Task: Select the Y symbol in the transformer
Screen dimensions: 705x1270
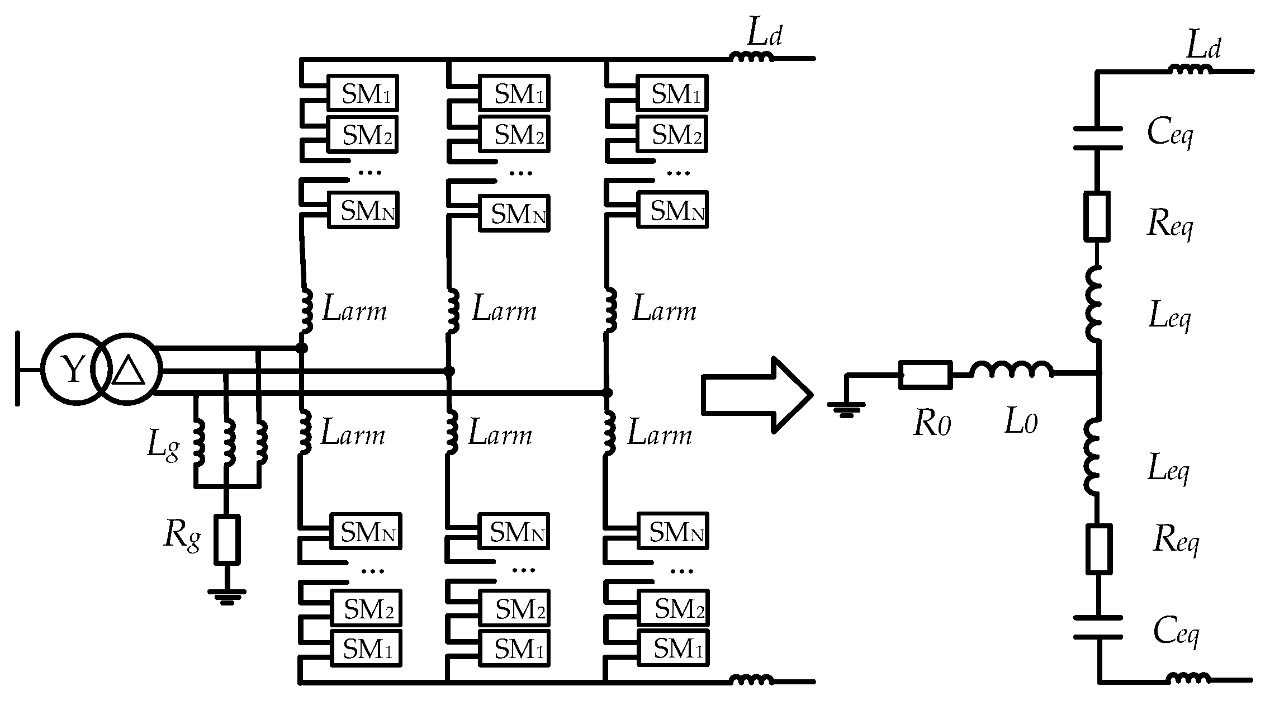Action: tap(73, 370)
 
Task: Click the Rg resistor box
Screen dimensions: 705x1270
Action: tap(227, 539)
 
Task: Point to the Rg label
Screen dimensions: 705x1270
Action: tap(182, 536)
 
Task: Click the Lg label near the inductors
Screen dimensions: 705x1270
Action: tap(163, 446)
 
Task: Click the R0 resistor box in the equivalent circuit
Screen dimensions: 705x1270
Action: tap(925, 374)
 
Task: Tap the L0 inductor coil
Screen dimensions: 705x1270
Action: tap(1012, 371)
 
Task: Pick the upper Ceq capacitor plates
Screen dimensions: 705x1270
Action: tap(1097, 138)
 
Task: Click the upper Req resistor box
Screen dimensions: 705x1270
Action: tap(1097, 216)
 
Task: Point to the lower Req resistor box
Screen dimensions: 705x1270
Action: tap(1098, 549)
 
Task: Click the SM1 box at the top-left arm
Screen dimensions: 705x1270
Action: tap(362, 93)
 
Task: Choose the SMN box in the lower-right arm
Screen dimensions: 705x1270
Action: tap(673, 531)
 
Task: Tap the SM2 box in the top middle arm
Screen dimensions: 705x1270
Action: tap(514, 134)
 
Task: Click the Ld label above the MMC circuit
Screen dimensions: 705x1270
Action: tap(764, 35)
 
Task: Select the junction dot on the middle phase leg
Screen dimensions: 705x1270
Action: tap(448, 371)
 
